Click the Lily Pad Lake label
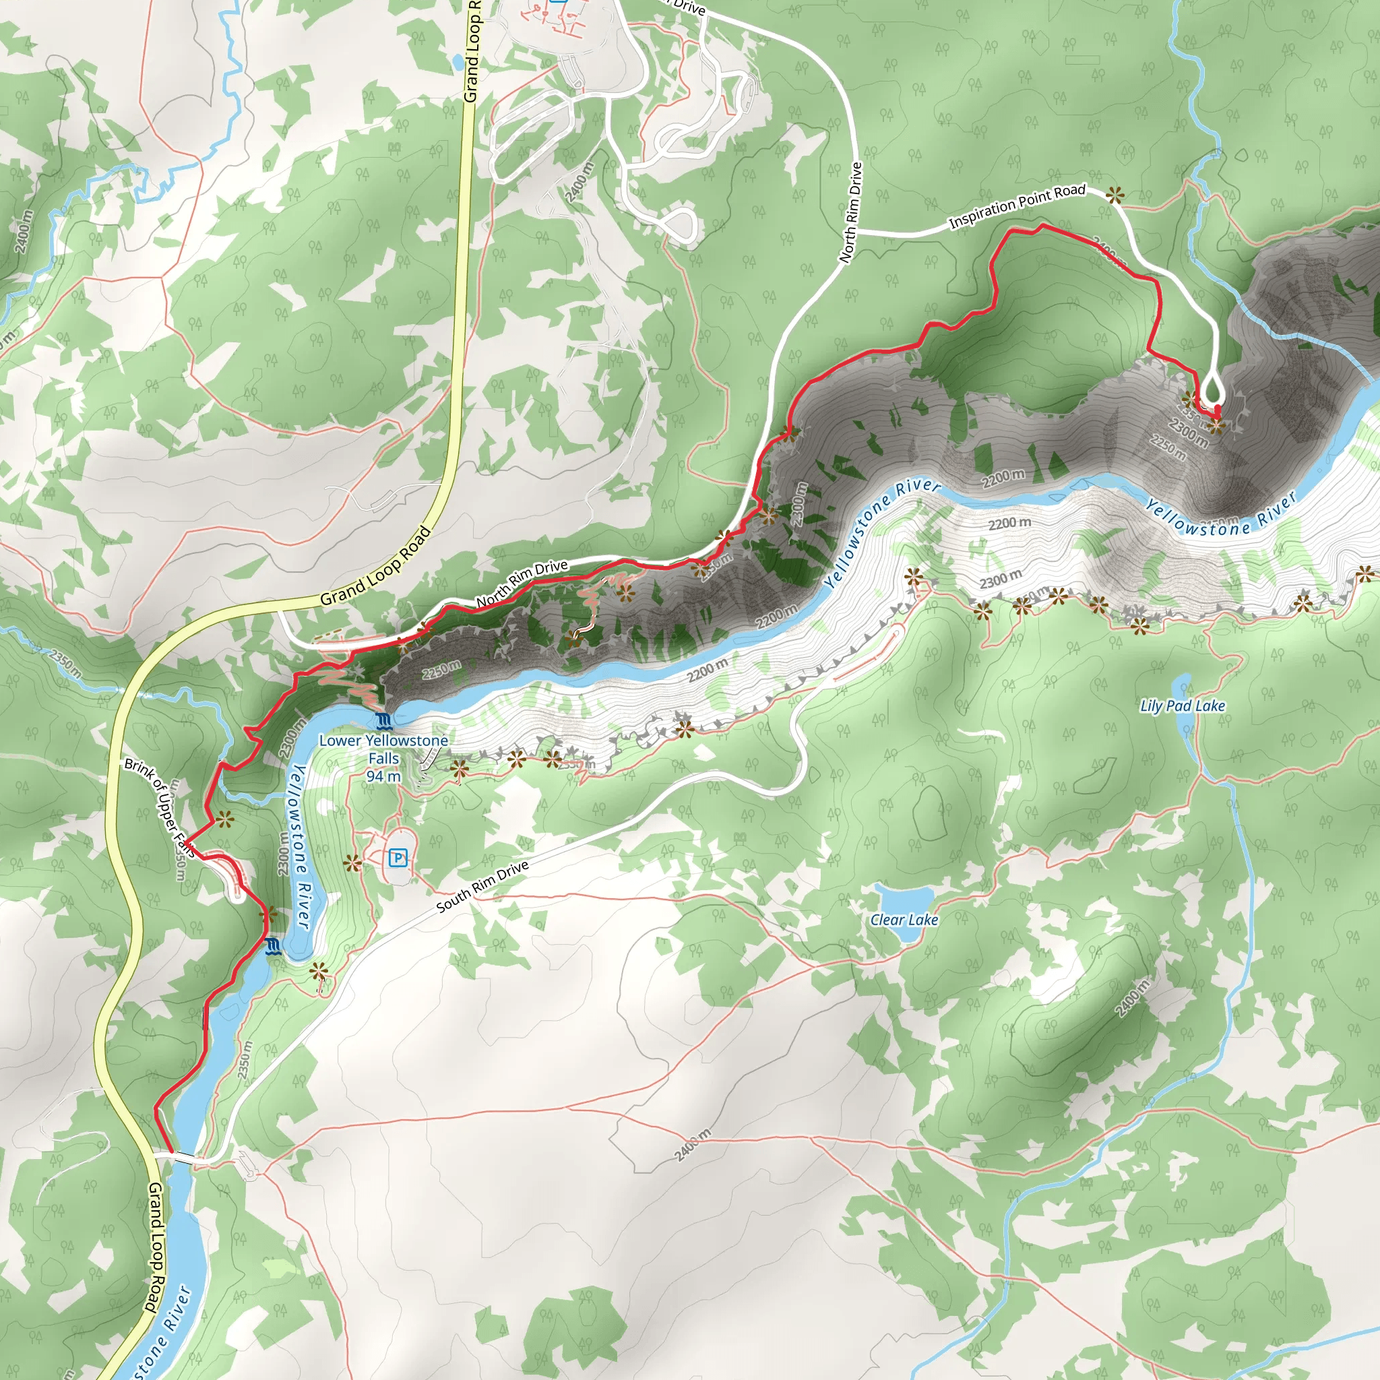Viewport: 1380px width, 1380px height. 1182,705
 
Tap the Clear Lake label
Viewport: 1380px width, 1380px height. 904,920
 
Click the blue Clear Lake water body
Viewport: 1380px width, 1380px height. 904,897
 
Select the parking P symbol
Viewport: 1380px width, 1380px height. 398,858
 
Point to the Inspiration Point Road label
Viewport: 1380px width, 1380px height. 1016,206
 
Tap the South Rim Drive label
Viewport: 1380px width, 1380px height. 482,885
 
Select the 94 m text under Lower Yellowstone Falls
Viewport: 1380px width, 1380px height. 383,776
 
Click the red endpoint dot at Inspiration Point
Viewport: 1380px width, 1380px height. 1217,409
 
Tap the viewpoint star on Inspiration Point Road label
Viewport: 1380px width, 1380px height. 1115,194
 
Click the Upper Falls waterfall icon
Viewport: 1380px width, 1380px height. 272,948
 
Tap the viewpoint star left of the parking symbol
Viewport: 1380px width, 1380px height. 352,864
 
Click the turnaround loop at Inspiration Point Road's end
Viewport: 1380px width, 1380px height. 1212,391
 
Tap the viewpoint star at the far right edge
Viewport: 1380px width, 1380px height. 1365,573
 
